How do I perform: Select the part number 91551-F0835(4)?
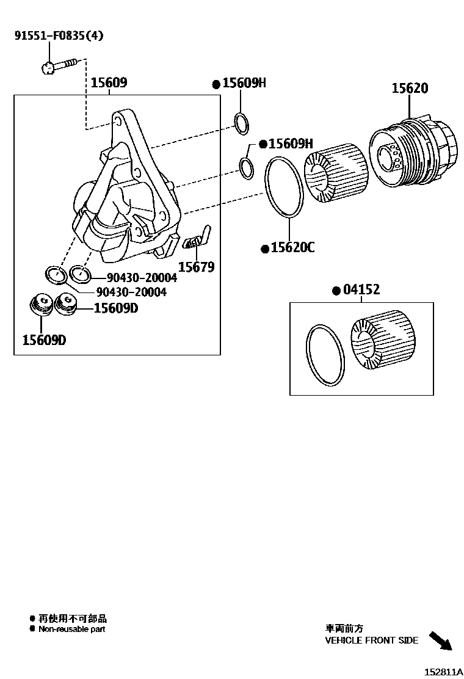59,35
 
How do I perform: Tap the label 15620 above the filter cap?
410,88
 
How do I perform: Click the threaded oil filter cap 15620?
411,151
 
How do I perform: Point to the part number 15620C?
292,247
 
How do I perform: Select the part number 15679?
196,267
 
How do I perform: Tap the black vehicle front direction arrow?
440,641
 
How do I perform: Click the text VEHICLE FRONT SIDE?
371,641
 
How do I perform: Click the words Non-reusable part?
72,630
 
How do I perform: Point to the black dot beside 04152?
335,291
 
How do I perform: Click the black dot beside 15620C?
265,249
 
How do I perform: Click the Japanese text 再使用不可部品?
72,619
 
